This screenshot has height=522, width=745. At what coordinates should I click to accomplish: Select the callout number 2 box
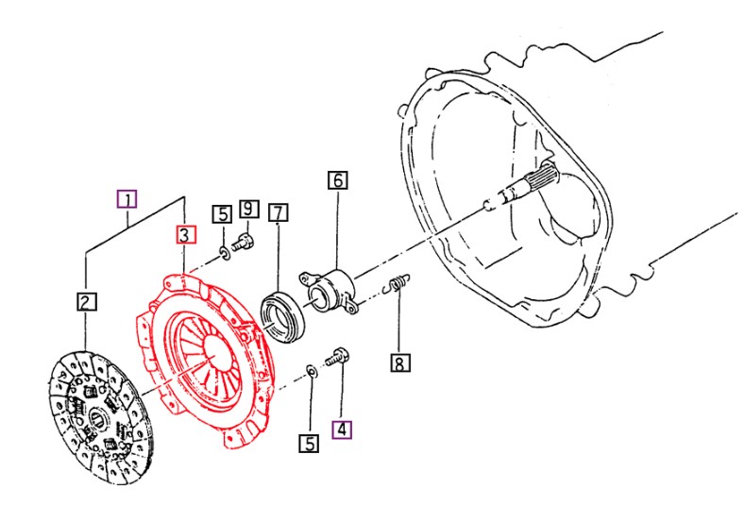[x=85, y=301]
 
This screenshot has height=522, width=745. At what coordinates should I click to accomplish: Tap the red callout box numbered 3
[x=184, y=234]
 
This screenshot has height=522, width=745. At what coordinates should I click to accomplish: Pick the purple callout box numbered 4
[x=341, y=428]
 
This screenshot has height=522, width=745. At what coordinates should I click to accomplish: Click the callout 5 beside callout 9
[x=221, y=214]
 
